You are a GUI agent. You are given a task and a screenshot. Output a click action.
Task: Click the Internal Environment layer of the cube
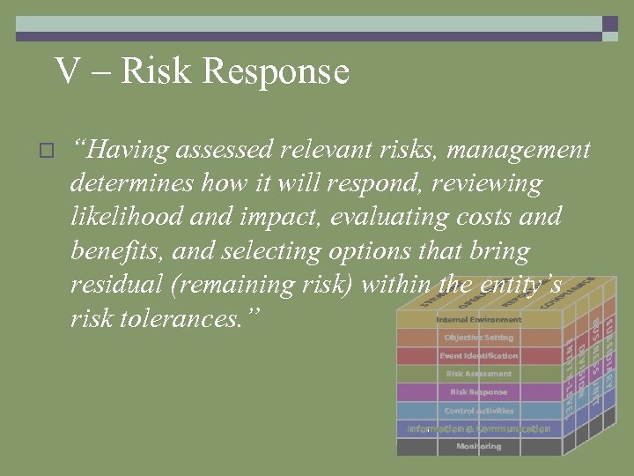478,319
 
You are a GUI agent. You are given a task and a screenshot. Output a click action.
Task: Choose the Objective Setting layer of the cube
478,338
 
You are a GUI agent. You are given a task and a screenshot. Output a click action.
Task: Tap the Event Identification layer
478,356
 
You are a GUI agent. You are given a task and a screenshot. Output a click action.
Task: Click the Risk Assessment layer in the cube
478,374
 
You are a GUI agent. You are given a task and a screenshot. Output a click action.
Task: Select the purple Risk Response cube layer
478,392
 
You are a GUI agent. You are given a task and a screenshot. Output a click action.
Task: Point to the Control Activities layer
478,411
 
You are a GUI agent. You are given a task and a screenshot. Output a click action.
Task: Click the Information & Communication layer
478,428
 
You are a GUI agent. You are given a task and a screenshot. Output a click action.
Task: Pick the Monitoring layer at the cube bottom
478,447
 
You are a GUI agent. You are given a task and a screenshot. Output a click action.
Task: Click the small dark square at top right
609,25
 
